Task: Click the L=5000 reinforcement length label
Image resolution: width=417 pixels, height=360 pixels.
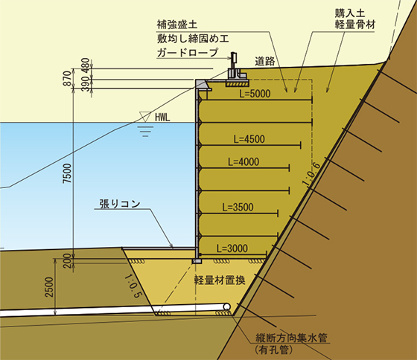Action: point(255,94)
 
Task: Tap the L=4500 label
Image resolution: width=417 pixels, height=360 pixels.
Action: point(249,139)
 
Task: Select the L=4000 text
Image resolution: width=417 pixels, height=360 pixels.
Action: point(243,162)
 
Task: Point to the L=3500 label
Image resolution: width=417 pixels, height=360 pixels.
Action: point(238,208)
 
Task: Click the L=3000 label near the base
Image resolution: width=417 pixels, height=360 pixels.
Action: point(232,248)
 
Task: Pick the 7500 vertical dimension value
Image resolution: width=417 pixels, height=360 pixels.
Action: point(67,173)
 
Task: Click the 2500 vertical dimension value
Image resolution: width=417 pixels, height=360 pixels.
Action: point(49,287)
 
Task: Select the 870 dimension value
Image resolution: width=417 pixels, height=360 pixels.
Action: point(68,78)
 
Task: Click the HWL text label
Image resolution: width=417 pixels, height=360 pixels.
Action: point(162,118)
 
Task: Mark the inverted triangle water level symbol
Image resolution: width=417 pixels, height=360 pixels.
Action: point(145,117)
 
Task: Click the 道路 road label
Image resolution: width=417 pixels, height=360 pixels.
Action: point(265,61)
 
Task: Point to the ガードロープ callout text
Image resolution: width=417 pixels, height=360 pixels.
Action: point(188,52)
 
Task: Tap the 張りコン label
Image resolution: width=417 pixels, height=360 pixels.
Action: point(120,204)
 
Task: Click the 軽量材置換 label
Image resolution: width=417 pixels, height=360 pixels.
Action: point(220,280)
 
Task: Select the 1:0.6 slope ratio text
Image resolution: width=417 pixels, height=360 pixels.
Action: point(311,173)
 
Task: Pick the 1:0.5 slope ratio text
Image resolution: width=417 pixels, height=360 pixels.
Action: point(133,286)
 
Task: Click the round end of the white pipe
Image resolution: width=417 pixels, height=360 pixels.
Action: point(226,307)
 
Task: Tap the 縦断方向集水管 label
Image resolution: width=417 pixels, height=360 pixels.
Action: point(291,338)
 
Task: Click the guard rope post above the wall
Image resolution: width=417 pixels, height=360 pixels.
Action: point(234,60)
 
